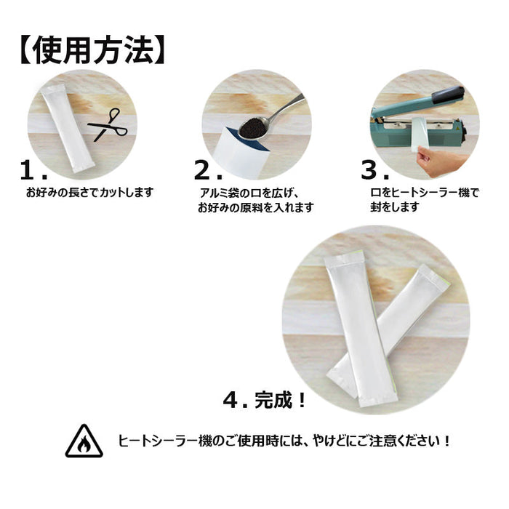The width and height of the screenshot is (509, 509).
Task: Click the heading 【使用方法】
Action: (x=93, y=51)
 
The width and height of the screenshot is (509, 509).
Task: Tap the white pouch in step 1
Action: (x=67, y=128)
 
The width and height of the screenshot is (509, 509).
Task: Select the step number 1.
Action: (x=33, y=170)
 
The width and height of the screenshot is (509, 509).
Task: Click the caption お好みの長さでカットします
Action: (x=89, y=193)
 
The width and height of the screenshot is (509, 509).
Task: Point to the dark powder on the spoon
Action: (x=253, y=127)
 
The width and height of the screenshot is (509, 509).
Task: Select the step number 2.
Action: (x=208, y=170)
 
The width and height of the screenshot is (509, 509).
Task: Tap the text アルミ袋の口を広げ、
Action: (x=249, y=193)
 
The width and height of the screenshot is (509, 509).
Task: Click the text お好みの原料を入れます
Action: (x=256, y=207)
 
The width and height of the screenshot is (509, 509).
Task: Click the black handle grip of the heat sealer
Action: (x=448, y=95)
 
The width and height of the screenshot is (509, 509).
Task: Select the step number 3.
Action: (x=375, y=170)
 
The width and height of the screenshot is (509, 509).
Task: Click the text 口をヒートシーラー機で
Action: (x=425, y=193)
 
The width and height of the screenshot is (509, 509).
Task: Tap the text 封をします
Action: (x=395, y=207)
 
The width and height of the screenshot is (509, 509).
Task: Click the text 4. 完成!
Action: (x=264, y=400)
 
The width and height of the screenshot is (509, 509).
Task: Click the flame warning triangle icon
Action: (x=84, y=442)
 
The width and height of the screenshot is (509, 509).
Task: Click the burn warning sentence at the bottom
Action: (x=284, y=441)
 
